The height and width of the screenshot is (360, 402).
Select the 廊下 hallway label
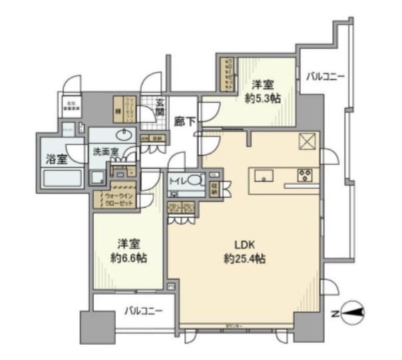coord(184,122)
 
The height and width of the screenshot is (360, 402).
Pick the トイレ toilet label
coord(177,180)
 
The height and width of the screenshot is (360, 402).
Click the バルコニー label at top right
coord(325,77)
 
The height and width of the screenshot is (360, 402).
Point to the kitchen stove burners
coord(306,176)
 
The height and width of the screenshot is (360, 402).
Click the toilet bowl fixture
coord(195,180)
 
